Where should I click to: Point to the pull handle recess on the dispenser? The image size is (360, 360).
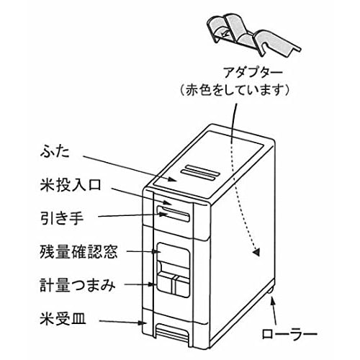click(173, 214)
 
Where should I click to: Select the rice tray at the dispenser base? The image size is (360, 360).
click(173, 332)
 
